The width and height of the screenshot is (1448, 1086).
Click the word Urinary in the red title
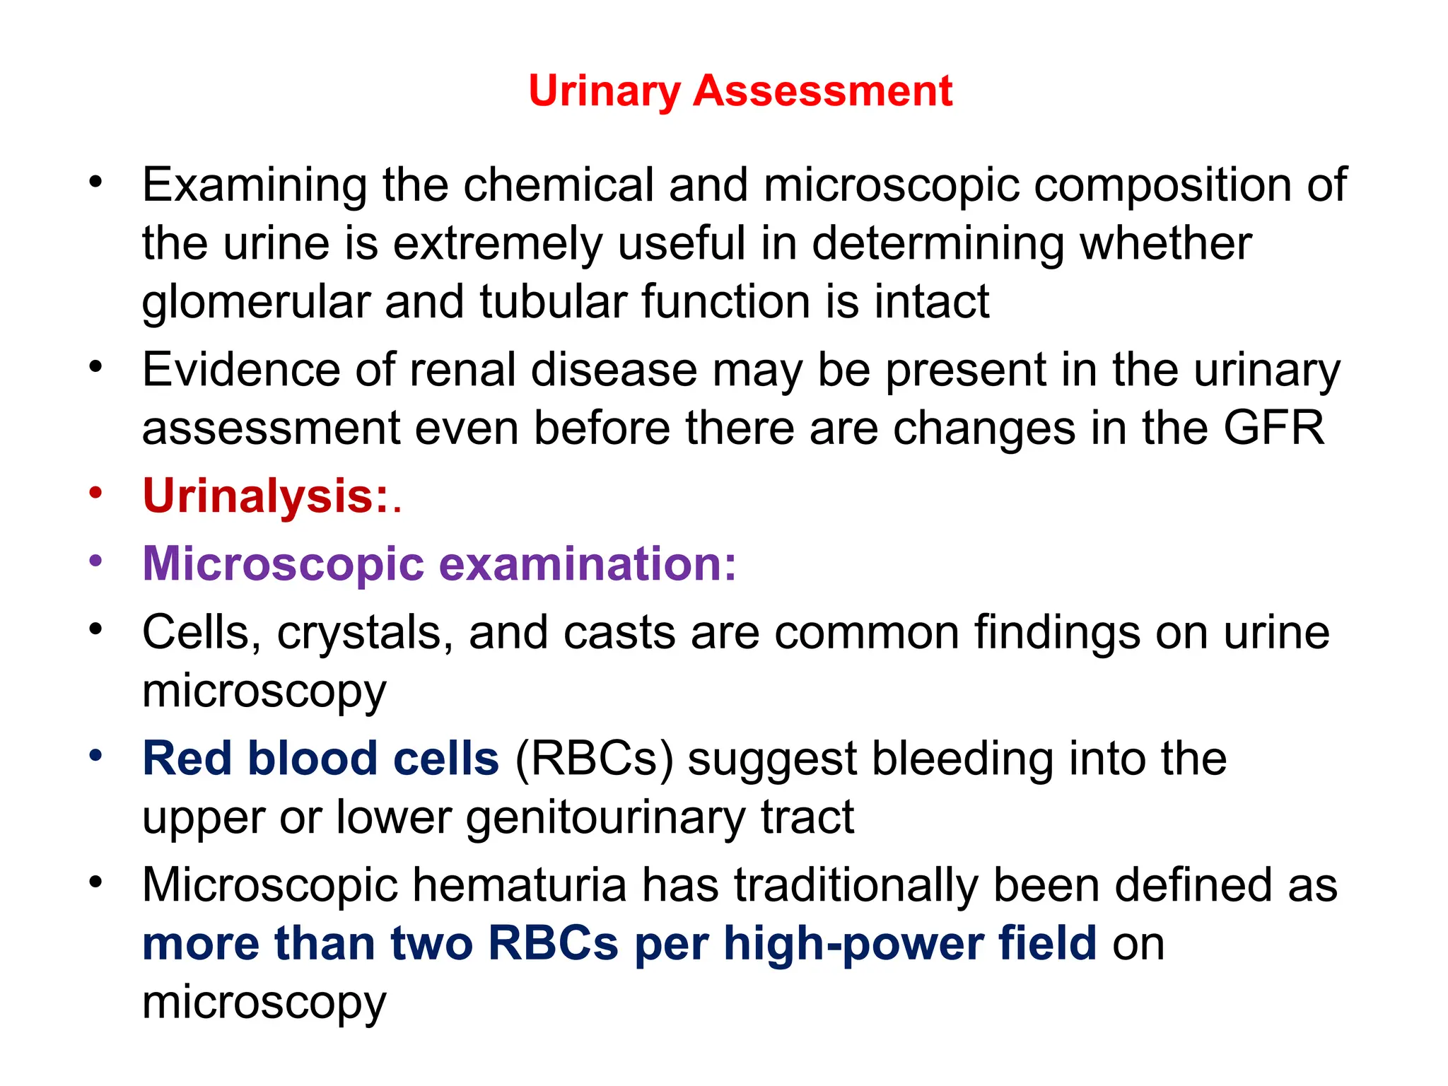pos(604,92)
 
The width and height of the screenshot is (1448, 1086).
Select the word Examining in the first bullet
pos(255,186)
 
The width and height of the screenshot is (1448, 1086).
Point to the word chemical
pos(559,185)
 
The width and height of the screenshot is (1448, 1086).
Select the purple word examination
pos(588,564)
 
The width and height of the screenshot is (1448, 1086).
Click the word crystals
pos(365,632)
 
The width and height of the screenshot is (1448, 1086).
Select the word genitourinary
pos(605,818)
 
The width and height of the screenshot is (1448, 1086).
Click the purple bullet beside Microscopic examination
pos(96,561)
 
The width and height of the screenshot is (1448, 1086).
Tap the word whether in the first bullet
pos(1166,244)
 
